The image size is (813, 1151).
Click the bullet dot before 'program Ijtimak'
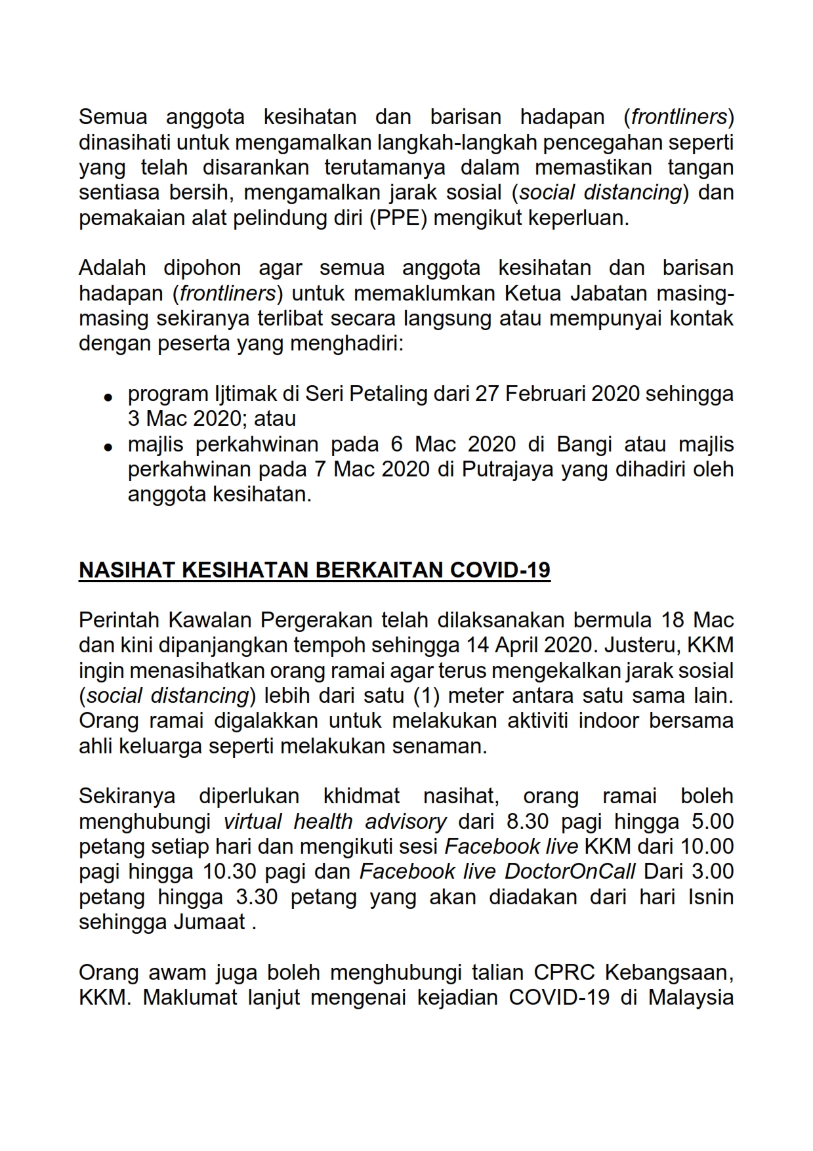[109, 397]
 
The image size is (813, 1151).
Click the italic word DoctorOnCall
[570, 871]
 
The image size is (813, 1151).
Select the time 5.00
[712, 821]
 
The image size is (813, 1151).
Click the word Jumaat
[209, 922]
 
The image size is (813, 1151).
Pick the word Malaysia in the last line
[691, 997]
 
